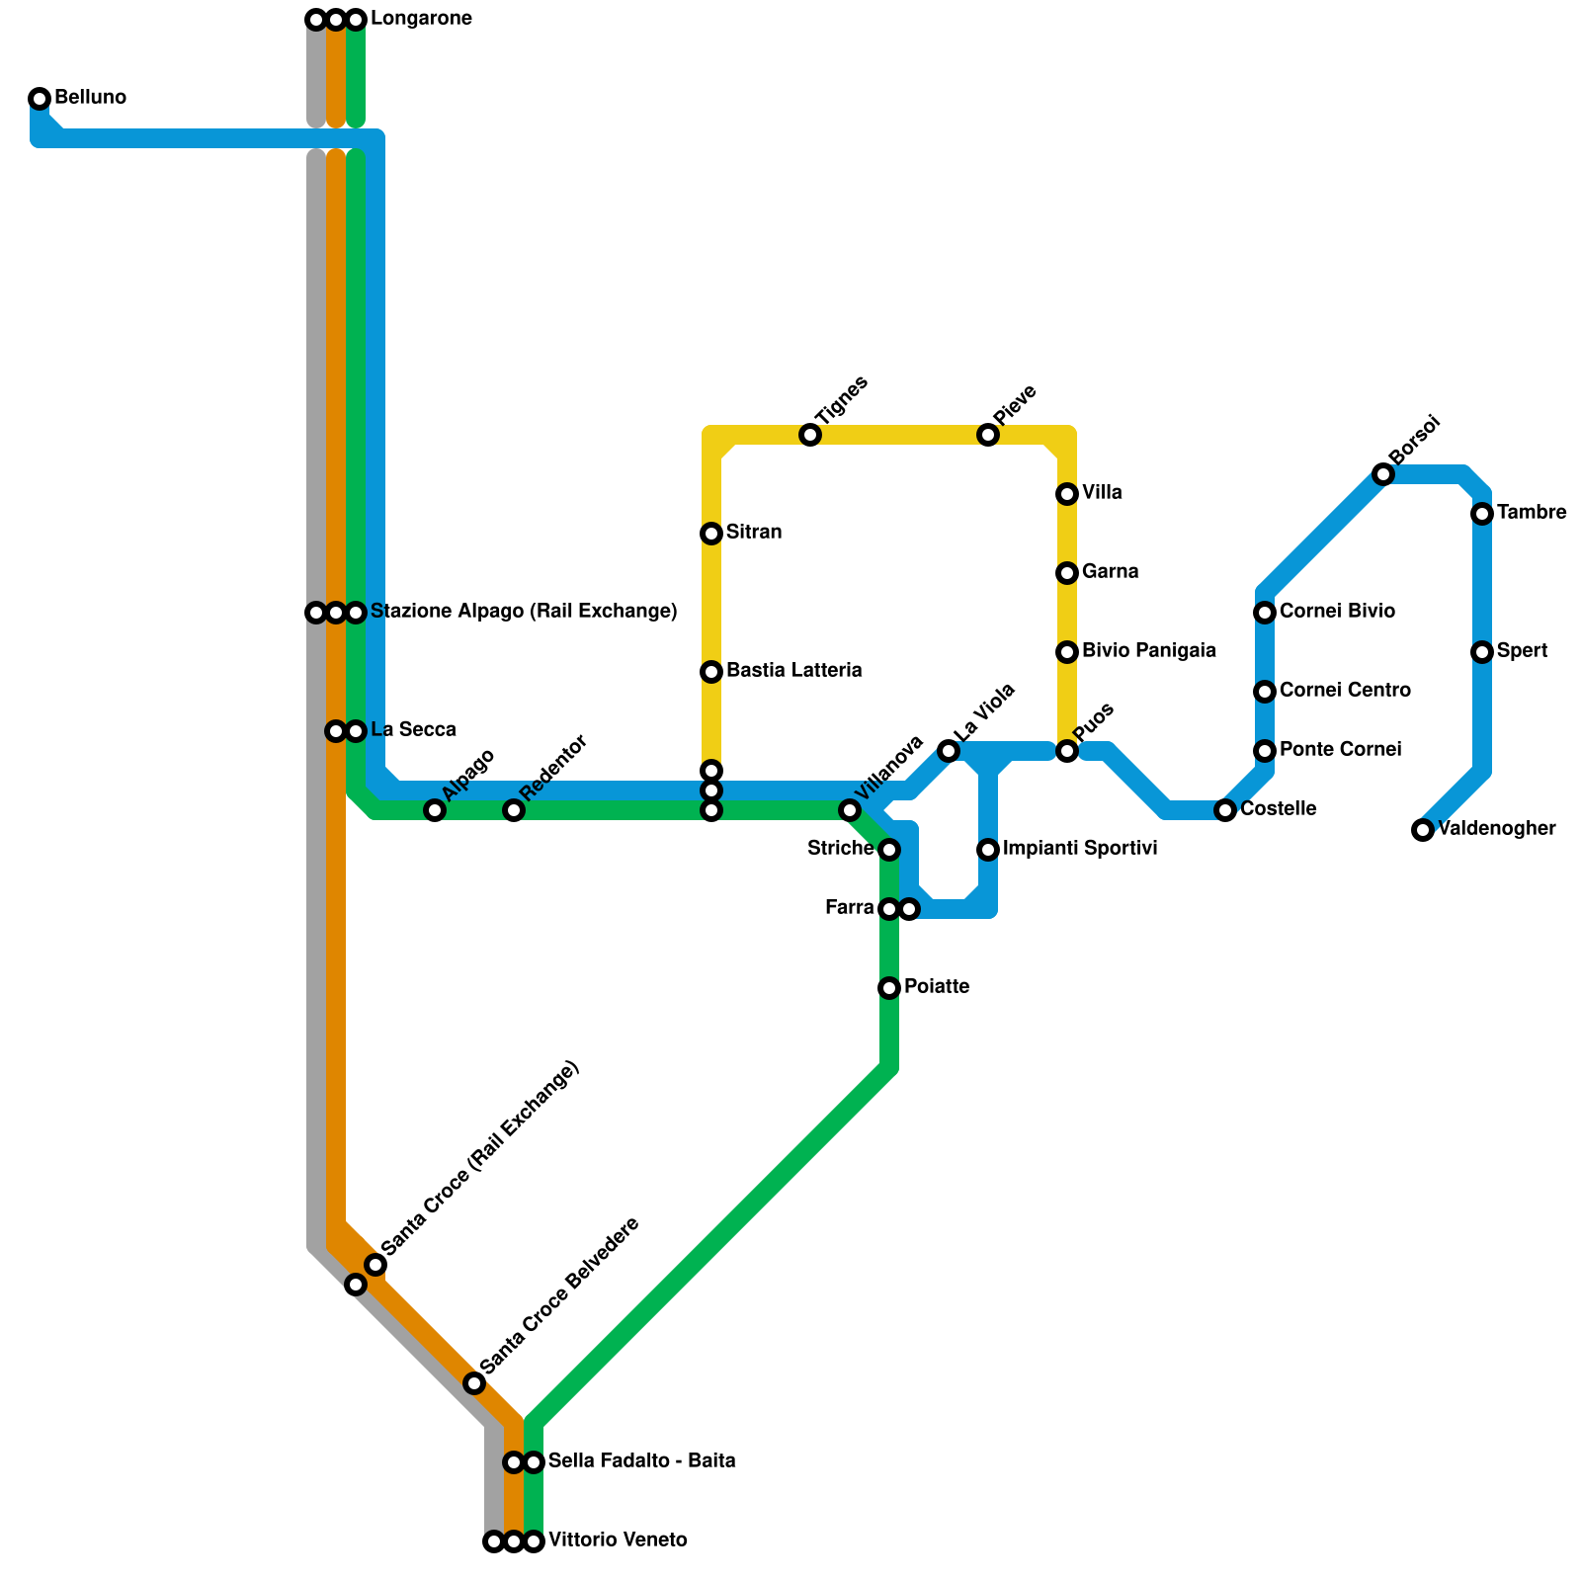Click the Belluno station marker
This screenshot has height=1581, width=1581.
(40, 98)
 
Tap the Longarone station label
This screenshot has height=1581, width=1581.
(421, 19)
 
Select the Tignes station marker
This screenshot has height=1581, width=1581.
(810, 435)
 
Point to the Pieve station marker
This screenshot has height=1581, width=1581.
(988, 435)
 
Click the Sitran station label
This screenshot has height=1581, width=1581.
(754, 533)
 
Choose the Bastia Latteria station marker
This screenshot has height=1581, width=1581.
(711, 672)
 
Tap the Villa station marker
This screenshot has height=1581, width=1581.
(1067, 494)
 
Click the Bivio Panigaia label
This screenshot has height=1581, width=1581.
(1148, 651)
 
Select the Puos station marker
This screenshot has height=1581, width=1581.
(1067, 751)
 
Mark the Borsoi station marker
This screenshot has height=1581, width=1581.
(1383, 474)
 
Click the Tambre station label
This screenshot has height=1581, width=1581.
(1531, 513)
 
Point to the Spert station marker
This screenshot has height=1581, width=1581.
(1482, 652)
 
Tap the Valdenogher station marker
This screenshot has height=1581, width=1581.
(1423, 830)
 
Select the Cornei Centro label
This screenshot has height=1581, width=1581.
(1345, 691)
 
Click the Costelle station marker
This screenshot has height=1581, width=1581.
(1225, 810)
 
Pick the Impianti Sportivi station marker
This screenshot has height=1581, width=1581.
(988, 850)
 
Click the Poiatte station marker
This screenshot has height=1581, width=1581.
(889, 988)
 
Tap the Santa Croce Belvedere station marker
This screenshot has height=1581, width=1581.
(474, 1383)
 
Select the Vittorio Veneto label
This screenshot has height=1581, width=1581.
(618, 1540)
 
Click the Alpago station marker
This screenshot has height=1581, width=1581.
(435, 810)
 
